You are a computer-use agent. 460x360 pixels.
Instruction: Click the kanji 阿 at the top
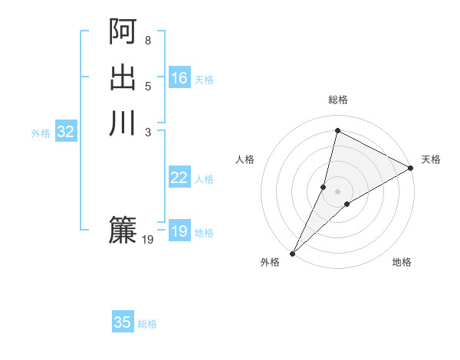pyautogui.click(x=123, y=32)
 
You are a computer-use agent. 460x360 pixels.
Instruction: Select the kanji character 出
pyautogui.click(x=123, y=77)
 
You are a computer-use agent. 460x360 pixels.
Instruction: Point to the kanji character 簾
pyautogui.click(x=123, y=229)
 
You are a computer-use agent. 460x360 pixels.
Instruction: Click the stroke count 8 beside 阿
pyautogui.click(x=148, y=40)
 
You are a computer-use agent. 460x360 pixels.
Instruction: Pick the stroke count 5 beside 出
pyautogui.click(x=148, y=86)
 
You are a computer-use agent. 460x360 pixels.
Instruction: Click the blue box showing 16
pyautogui.click(x=179, y=78)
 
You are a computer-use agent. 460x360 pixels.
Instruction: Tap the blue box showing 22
pyautogui.click(x=179, y=178)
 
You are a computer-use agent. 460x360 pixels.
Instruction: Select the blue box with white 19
pyautogui.click(x=179, y=231)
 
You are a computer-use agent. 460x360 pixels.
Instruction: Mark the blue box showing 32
pyautogui.click(x=66, y=132)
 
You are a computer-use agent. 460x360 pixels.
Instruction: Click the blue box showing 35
pyautogui.click(x=123, y=322)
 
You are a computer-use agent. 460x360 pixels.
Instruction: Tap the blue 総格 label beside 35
pyautogui.click(x=148, y=324)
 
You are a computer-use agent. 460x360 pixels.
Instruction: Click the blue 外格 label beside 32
pyautogui.click(x=41, y=133)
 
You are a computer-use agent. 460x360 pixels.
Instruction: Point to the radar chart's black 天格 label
pyautogui.click(x=431, y=159)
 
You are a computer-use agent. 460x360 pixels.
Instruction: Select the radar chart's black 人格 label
pyautogui.click(x=245, y=159)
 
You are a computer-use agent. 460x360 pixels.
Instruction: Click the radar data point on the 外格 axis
pyautogui.click(x=293, y=253)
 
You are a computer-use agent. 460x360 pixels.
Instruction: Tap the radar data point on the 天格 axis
pyautogui.click(x=411, y=168)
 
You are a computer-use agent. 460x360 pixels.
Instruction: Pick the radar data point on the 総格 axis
pyautogui.click(x=337, y=130)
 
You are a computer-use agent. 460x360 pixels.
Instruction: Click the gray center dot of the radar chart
pyautogui.click(x=337, y=191)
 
